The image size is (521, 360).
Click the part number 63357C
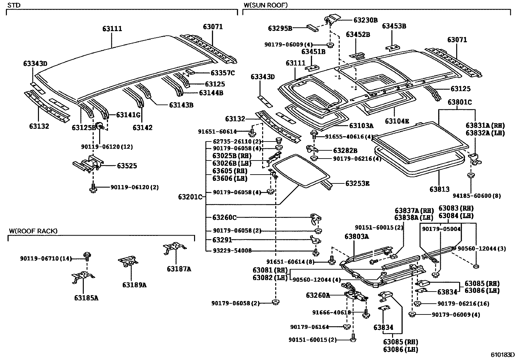click(223, 73)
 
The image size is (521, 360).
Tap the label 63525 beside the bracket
click(127, 166)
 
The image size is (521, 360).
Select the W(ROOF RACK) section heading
click(33, 231)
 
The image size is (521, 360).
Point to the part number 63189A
click(134, 285)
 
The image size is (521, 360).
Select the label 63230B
click(365, 20)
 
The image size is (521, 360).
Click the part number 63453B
click(394, 26)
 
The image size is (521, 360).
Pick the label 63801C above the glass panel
click(459, 102)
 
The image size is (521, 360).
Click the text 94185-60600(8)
click(476, 196)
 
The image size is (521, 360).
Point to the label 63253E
click(357, 183)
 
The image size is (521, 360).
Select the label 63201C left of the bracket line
click(190, 197)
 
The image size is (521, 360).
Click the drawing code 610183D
click(502, 355)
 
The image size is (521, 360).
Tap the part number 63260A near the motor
click(318, 295)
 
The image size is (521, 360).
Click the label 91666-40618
click(332, 313)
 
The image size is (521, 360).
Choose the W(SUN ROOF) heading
click(265, 5)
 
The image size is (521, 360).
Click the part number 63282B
click(345, 151)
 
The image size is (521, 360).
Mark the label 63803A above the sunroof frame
click(356, 236)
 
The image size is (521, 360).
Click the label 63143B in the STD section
click(181, 105)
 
